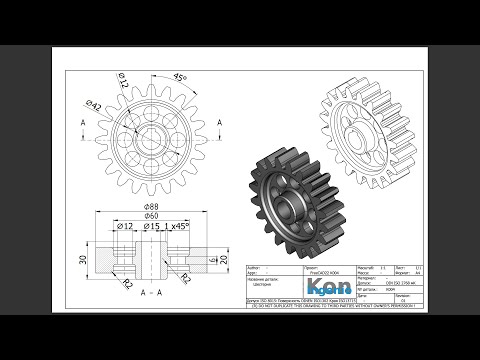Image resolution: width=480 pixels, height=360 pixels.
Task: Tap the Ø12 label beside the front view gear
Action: pyautogui.click(x=123, y=80)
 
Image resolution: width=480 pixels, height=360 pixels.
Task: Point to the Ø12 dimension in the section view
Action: pyautogui.click(x=125, y=227)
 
